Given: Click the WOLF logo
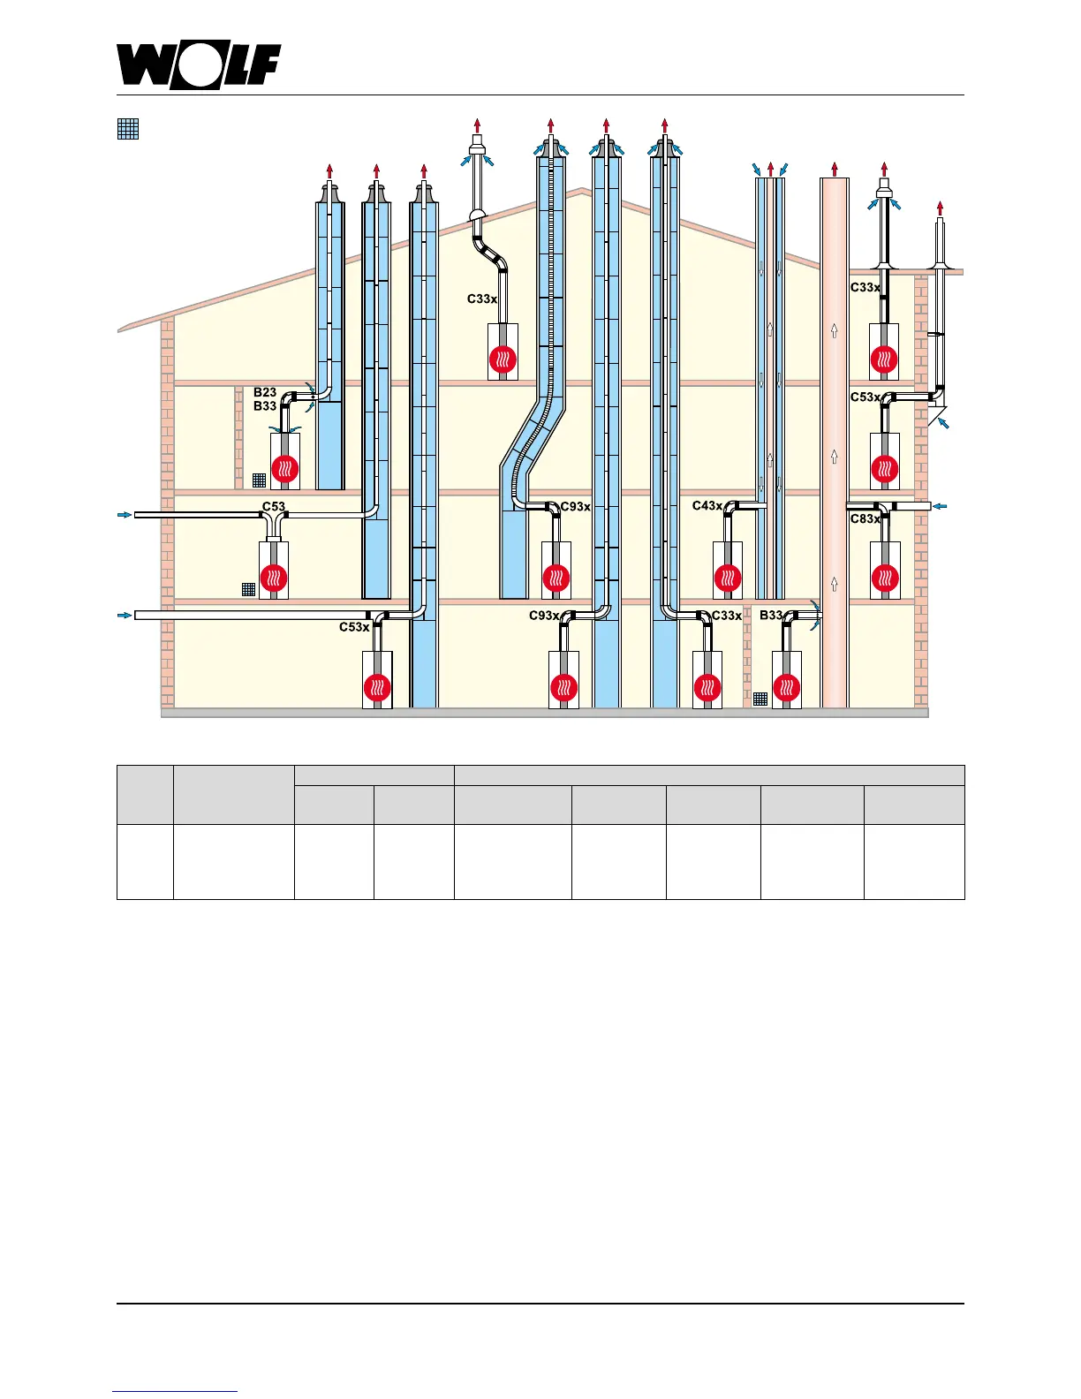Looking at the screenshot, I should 199,67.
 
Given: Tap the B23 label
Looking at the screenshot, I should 265,392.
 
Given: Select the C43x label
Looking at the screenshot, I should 707,506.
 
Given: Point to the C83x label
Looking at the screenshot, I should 865,519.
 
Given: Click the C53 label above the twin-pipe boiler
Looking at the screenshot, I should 274,507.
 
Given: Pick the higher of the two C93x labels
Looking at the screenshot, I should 575,507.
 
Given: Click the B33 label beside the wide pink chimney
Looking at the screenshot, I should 771,616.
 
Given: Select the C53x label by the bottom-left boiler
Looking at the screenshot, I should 354,627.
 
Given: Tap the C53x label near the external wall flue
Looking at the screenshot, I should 865,397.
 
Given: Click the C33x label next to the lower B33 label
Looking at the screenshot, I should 727,616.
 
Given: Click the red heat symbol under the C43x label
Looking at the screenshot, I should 727,579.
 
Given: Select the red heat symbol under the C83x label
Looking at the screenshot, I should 884,579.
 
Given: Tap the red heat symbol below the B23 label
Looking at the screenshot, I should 284,469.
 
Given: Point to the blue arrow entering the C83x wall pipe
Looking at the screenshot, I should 941,506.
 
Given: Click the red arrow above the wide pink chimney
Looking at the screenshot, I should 834,168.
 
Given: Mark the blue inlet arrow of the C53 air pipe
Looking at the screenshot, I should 125,514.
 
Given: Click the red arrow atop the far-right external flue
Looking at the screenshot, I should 940,208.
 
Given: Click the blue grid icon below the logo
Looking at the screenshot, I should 128,129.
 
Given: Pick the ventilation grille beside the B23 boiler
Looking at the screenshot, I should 259,480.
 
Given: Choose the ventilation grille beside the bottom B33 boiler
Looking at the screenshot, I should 760,699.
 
